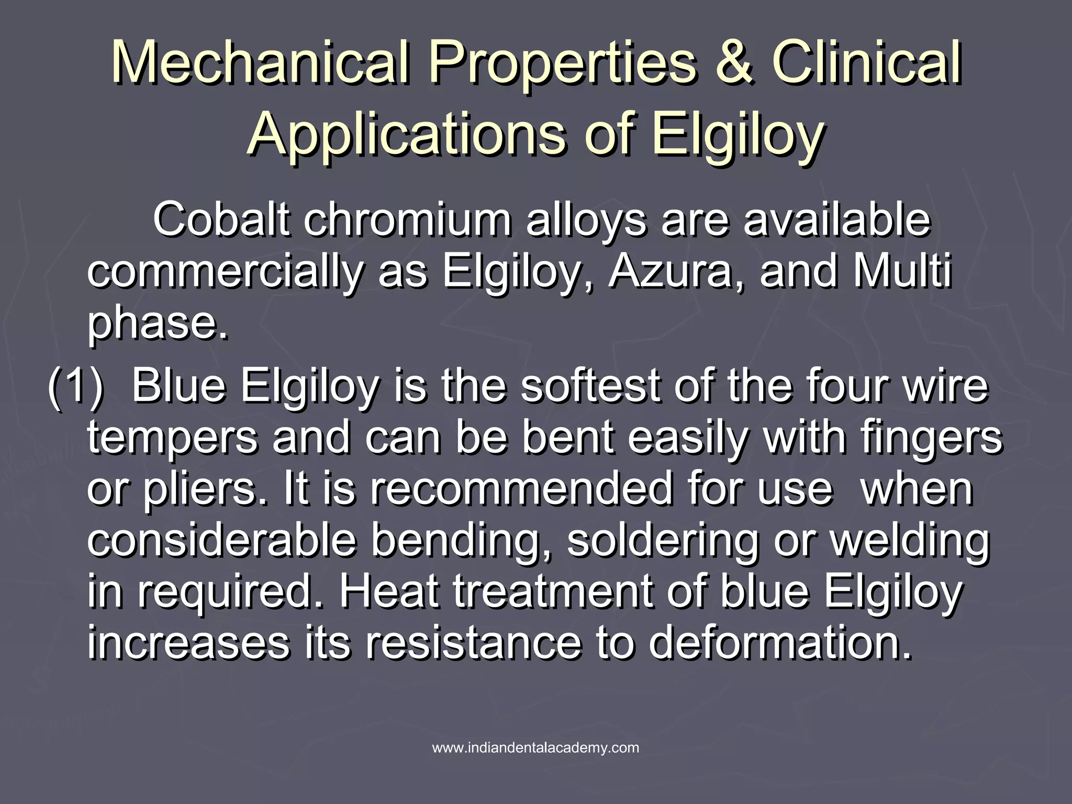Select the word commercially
click(x=225, y=273)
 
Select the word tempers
click(x=172, y=439)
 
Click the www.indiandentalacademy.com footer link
click(x=535, y=747)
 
